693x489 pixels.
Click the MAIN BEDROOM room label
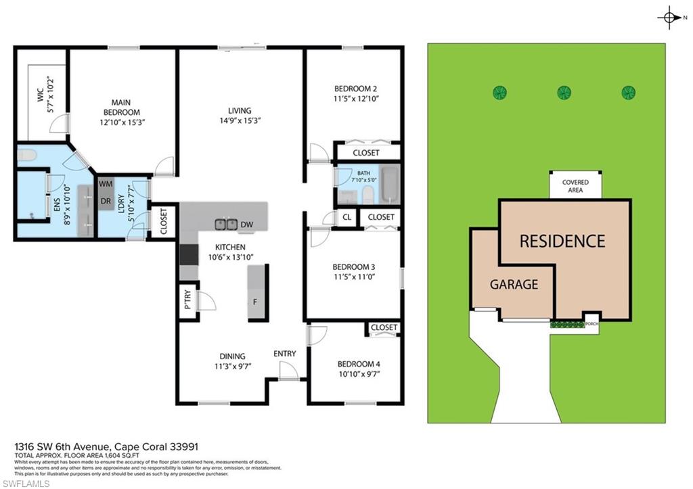(x=121, y=107)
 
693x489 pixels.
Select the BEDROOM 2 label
(x=355, y=89)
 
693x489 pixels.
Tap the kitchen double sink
(x=226, y=224)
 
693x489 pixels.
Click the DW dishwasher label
(x=247, y=225)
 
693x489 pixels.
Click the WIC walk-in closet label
(x=41, y=99)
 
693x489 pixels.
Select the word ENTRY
(x=284, y=354)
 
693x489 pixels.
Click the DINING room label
(x=231, y=356)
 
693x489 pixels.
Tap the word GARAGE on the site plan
(x=514, y=284)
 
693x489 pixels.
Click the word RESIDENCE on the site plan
(x=562, y=241)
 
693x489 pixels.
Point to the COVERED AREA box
(x=575, y=186)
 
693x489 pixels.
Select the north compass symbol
(x=669, y=18)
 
